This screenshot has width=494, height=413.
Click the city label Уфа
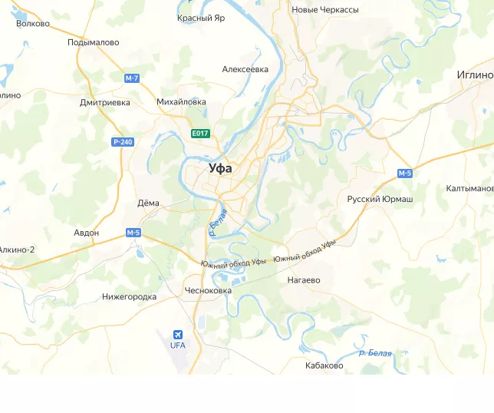pyautogui.click(x=221, y=168)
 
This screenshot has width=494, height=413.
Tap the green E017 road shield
pyautogui.click(x=200, y=134)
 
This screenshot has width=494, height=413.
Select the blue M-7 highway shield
pyautogui.click(x=132, y=78)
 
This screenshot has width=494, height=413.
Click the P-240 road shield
pyautogui.click(x=122, y=142)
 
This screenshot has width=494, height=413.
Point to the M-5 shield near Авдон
pyautogui.click(x=133, y=233)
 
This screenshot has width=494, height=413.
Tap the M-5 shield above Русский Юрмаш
pyautogui.click(x=405, y=173)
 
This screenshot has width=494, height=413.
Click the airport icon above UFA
pyautogui.click(x=178, y=335)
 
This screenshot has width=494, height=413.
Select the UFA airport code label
pyautogui.click(x=178, y=345)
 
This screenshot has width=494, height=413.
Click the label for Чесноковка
pyautogui.click(x=208, y=291)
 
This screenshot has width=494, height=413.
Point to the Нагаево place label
pyautogui.click(x=304, y=280)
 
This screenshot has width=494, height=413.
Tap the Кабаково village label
pyautogui.click(x=324, y=365)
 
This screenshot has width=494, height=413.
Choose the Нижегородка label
pyautogui.click(x=129, y=296)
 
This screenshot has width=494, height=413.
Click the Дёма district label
pyautogui.click(x=148, y=203)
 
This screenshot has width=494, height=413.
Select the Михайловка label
pyautogui.click(x=181, y=101)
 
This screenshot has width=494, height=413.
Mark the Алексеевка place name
pyautogui.click(x=245, y=69)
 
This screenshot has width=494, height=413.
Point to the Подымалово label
pyautogui.click(x=93, y=43)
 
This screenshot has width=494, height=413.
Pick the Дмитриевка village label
pyautogui.click(x=105, y=102)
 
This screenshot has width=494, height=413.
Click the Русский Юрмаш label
pyautogui.click(x=380, y=200)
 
